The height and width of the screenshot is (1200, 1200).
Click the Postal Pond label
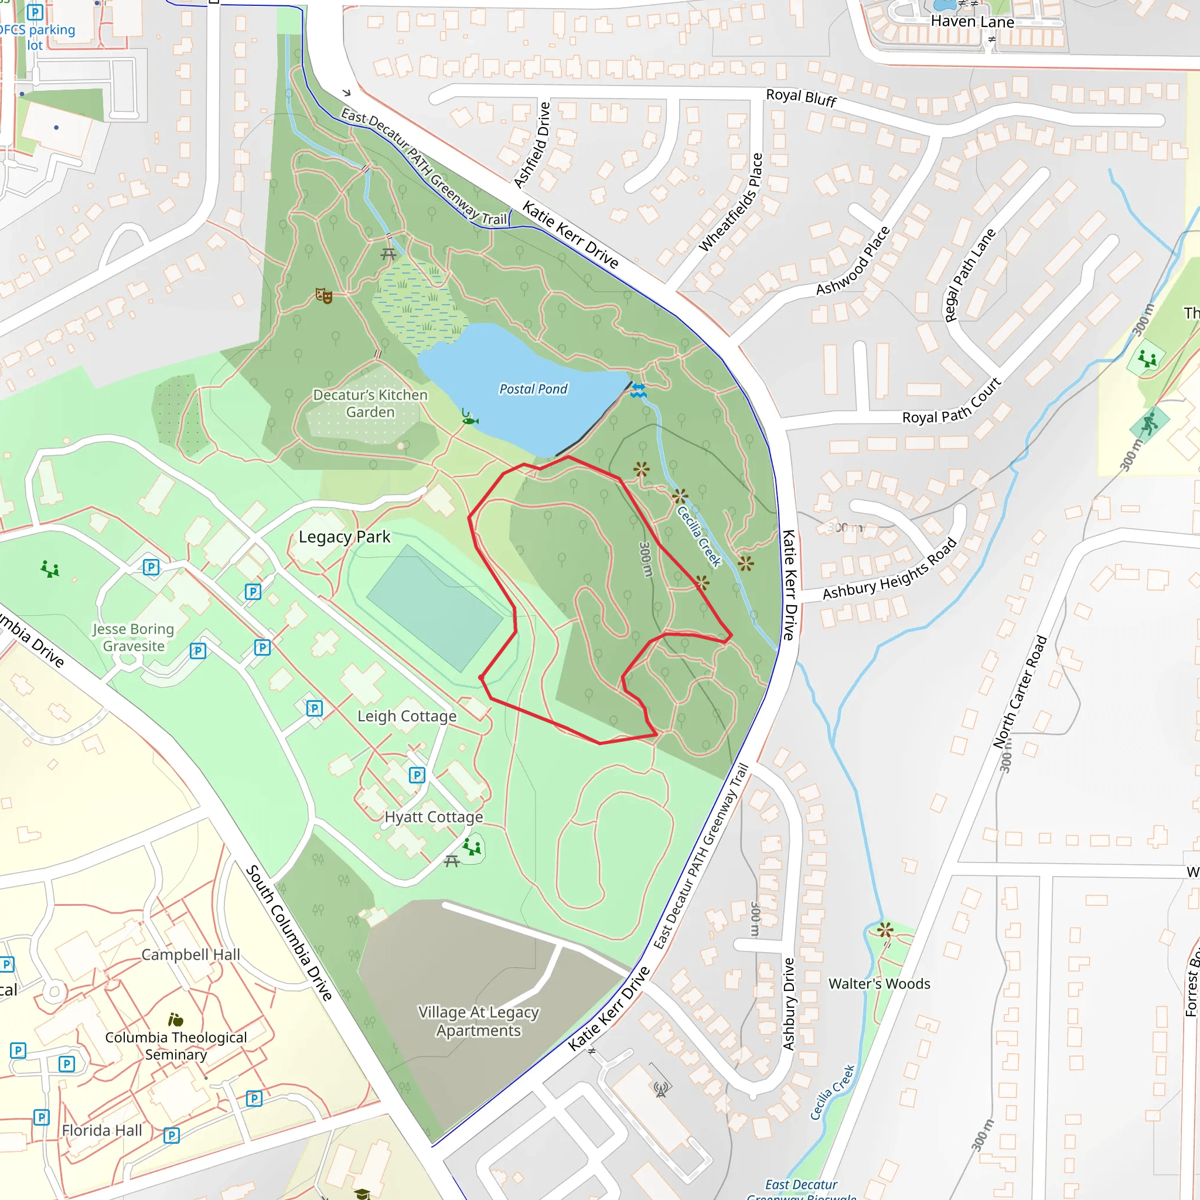click(x=533, y=389)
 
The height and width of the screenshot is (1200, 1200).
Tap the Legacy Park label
click(x=344, y=537)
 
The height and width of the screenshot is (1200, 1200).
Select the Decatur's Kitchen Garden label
click(x=370, y=404)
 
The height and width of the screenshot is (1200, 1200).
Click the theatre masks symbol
click(x=323, y=296)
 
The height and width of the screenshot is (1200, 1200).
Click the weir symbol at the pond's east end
click(x=639, y=391)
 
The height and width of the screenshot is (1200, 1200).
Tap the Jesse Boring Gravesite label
click(x=133, y=637)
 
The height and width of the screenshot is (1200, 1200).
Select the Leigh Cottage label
click(x=407, y=716)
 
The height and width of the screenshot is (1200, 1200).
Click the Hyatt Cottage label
click(x=434, y=817)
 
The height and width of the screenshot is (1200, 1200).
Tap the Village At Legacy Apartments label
click(x=478, y=1021)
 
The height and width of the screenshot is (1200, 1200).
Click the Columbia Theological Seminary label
click(x=176, y=1045)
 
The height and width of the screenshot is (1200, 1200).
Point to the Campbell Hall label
click(x=190, y=954)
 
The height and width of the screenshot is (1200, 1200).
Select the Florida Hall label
click(x=102, y=1130)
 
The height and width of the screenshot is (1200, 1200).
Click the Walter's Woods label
click(x=879, y=984)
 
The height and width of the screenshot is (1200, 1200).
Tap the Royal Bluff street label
click(x=801, y=97)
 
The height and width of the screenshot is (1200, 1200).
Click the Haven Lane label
click(x=972, y=22)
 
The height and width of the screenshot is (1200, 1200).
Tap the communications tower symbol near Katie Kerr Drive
click(x=661, y=1089)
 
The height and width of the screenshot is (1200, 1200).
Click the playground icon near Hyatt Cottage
click(x=472, y=846)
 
